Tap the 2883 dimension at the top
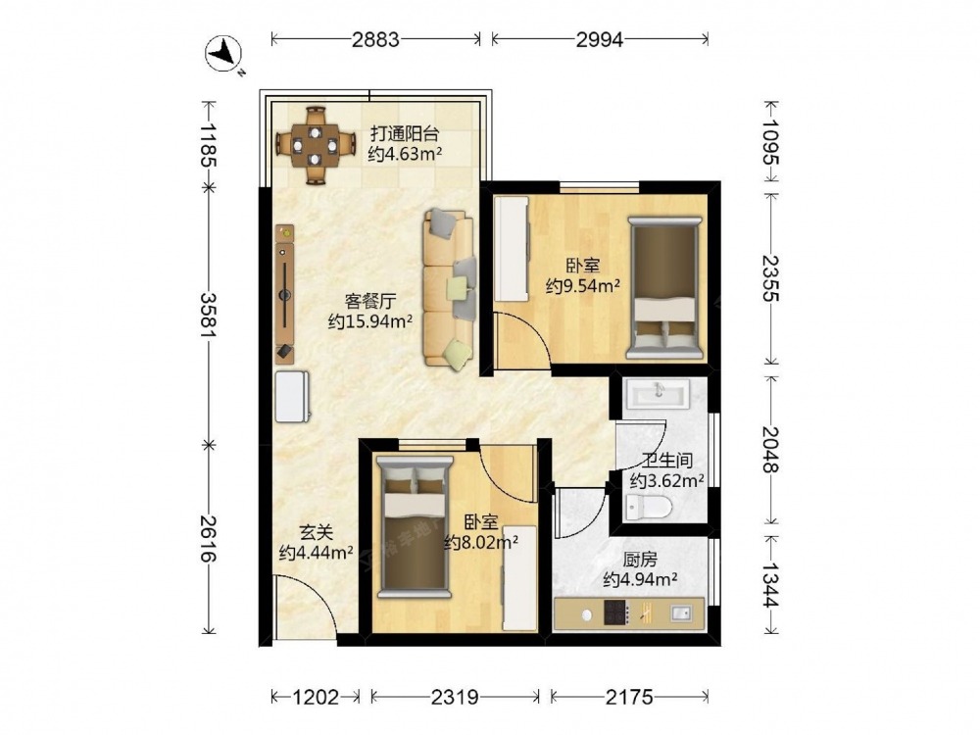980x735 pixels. coord(375,39)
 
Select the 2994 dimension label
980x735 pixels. coord(600,39)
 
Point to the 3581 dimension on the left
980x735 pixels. coord(208,315)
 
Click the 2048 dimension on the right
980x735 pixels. coord(770,450)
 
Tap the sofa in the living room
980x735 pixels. coord(450,287)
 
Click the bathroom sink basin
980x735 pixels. coord(659,394)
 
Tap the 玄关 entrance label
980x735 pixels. coord(317,532)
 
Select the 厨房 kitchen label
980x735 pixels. coord(640,560)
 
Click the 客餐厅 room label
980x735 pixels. coord(370,301)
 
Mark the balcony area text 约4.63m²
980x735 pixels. coord(405,154)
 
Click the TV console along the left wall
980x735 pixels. coord(285,294)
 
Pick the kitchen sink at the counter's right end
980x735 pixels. coord(680,613)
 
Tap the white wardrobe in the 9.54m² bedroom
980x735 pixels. coord(512,249)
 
